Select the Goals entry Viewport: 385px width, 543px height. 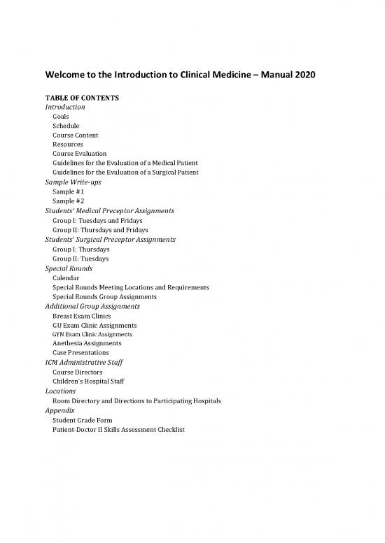(x=62, y=117)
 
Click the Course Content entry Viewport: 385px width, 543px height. (x=75, y=135)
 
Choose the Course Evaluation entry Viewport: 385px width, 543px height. (x=79, y=153)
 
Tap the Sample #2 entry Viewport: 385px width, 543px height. (x=68, y=201)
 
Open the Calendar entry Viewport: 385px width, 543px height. (x=66, y=277)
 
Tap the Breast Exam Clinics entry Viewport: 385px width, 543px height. (x=81, y=316)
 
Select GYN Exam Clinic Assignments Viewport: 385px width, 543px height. (x=92, y=335)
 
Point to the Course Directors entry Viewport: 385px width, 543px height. (x=77, y=372)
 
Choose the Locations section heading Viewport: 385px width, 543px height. (x=60, y=391)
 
